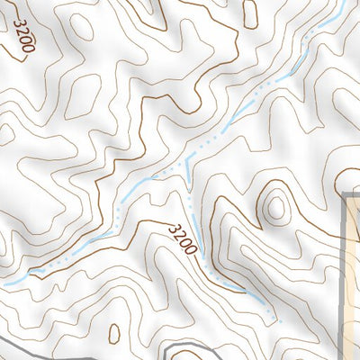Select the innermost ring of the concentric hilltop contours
[x=275, y=209]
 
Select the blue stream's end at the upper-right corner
[x=344, y=7]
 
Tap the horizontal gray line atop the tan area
[x=353, y=193]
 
